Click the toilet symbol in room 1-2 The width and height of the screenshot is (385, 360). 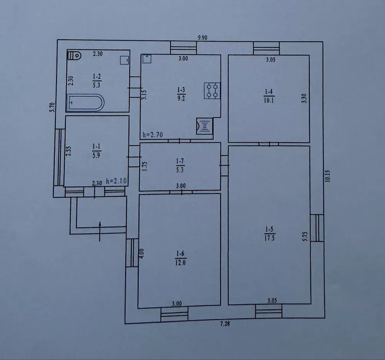[74, 55]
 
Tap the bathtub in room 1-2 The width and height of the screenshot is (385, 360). [85, 103]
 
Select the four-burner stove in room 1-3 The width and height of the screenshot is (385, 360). [212, 91]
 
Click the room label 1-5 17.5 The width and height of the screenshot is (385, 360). [269, 234]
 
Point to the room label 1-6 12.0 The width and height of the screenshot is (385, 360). [181, 258]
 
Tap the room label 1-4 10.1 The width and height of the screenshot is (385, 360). [269, 96]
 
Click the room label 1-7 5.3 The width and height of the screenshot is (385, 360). [180, 165]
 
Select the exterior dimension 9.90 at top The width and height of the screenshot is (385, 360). [203, 38]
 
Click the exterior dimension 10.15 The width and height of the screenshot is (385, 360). [328, 176]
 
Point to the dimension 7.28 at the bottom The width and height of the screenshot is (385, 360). [225, 324]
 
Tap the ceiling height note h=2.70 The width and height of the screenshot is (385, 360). [153, 135]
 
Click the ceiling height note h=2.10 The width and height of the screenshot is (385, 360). [116, 181]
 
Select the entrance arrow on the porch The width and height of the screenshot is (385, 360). [100, 231]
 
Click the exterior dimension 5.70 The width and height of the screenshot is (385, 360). [52, 107]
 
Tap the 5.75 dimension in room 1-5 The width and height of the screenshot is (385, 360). [305, 236]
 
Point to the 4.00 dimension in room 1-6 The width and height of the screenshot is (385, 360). [142, 253]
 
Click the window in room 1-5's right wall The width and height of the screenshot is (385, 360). [317, 228]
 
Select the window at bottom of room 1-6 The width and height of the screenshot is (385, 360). [174, 314]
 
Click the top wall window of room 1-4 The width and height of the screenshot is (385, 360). [266, 48]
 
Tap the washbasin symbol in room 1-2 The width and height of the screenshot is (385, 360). [124, 60]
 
